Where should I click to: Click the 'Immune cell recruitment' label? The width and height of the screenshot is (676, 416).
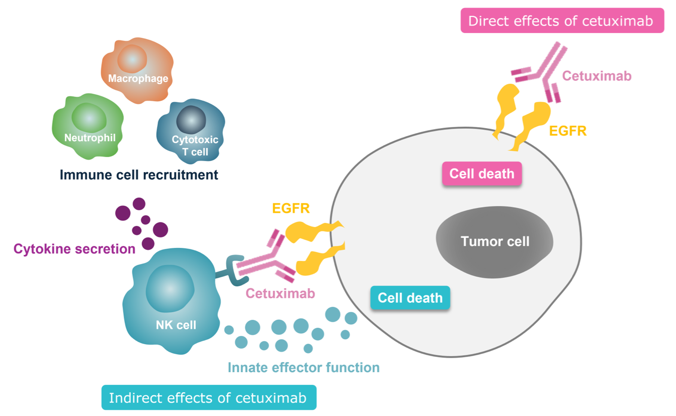point(139,175)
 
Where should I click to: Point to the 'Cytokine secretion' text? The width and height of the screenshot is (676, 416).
point(74,248)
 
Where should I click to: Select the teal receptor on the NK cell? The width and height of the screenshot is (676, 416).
point(230,270)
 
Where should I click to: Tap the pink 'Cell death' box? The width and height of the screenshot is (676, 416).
point(482,174)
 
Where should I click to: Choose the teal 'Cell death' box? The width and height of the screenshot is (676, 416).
point(410,298)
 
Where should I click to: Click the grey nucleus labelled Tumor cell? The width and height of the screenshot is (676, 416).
point(495,241)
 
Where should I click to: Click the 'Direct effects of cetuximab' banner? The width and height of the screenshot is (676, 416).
point(562,21)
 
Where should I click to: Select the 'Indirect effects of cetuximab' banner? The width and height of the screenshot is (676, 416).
point(209,398)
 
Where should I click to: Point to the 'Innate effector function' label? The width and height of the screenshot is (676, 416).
point(304,368)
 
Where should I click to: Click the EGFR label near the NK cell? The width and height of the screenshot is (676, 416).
point(291,208)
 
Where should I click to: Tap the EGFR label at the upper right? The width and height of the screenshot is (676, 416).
point(568,131)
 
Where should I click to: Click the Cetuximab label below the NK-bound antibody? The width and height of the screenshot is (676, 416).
point(280,293)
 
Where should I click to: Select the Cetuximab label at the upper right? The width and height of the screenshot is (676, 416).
point(597,76)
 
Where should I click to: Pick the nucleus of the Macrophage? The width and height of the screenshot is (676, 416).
point(132,59)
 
